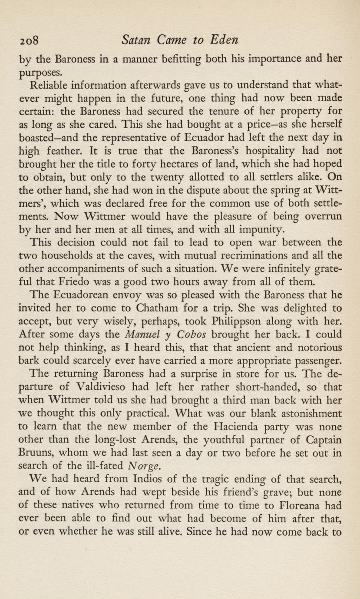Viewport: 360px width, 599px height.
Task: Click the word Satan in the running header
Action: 135,40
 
